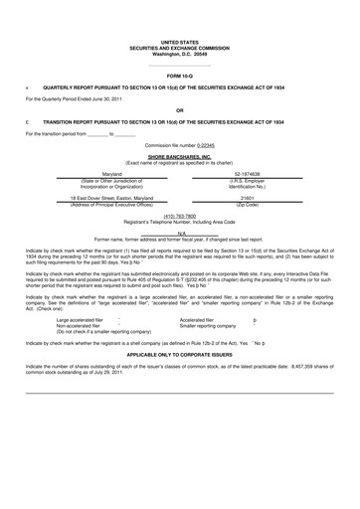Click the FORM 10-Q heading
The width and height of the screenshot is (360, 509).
tap(179, 76)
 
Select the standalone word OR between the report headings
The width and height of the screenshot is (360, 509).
tap(179, 109)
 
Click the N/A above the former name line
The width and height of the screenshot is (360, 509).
tap(180, 233)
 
